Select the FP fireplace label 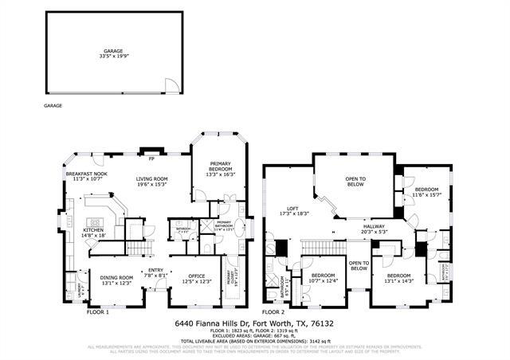point(150,148)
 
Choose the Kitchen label point(94,233)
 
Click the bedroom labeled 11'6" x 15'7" point(426,192)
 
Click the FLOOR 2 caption point(273,312)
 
